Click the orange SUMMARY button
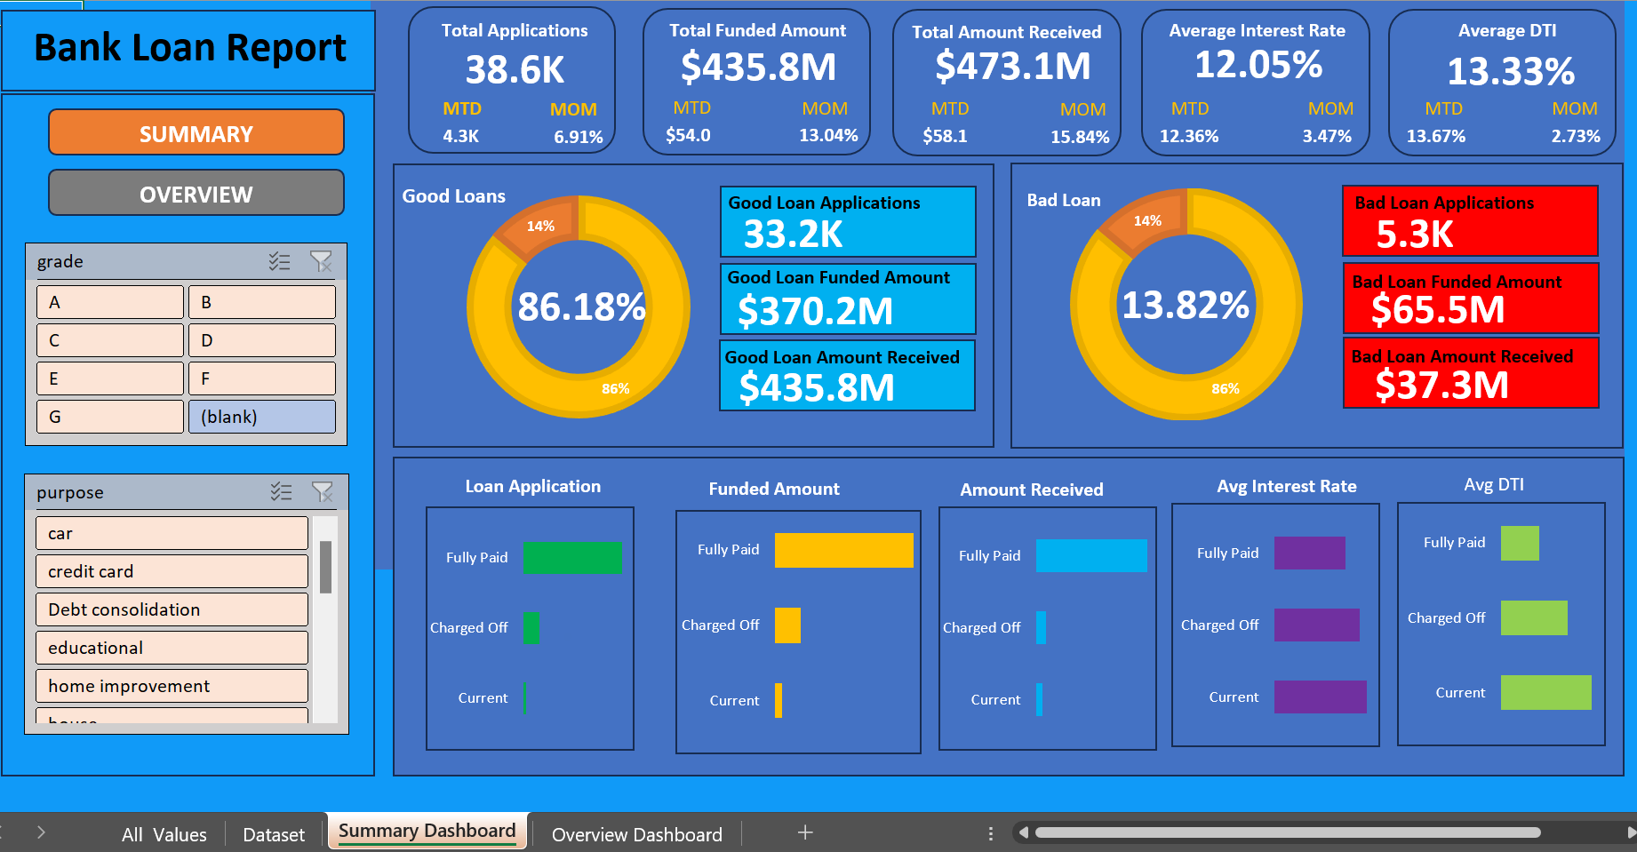tap(196, 133)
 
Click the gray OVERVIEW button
tap(196, 194)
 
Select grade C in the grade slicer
tap(109, 340)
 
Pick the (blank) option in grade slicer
tap(261, 417)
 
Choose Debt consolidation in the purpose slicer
tap(171, 609)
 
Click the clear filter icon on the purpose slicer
tap(322, 491)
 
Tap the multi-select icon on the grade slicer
tap(279, 261)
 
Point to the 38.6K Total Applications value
tap(515, 70)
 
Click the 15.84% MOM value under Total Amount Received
tap(1079, 137)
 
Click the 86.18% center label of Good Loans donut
tap(580, 307)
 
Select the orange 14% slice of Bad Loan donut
tap(1144, 218)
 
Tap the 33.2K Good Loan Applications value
tap(793, 235)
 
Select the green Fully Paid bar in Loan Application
tap(572, 557)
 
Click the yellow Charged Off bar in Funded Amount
tap(787, 625)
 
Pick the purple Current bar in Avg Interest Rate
tap(1320, 697)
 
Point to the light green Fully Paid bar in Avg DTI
tap(1520, 543)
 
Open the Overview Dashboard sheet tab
tap(636, 834)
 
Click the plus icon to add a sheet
tap(805, 832)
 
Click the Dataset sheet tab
tap(274, 834)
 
